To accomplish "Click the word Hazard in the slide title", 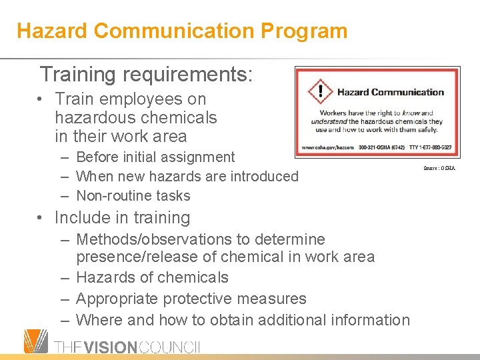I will [x=52, y=31].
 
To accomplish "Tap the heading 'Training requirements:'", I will [x=146, y=74].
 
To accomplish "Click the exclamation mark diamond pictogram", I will [x=320, y=93].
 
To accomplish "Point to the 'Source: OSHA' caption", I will [x=439, y=168].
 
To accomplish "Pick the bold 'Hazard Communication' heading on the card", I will [x=390, y=93].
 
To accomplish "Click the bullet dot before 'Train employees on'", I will [x=41, y=100].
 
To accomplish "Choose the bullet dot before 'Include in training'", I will [x=41, y=218].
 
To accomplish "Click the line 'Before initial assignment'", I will [x=155, y=157].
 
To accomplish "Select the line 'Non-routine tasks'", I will [x=133, y=196].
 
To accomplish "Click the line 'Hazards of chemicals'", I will [x=152, y=277].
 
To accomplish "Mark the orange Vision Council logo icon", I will [x=35, y=341].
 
